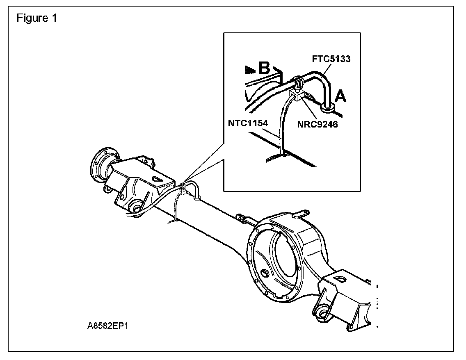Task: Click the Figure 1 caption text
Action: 36,18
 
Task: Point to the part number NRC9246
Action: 318,124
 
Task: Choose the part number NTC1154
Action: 249,122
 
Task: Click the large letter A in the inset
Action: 341,97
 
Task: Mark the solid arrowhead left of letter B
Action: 249,70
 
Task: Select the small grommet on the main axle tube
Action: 197,198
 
